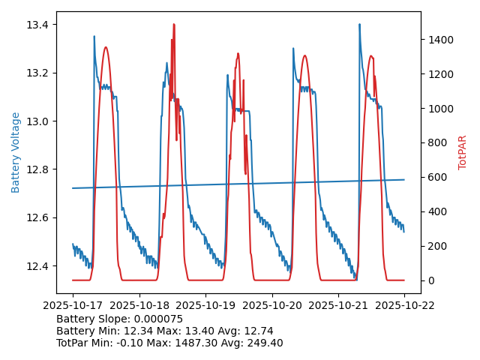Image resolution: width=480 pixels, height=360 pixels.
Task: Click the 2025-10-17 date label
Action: click(73, 305)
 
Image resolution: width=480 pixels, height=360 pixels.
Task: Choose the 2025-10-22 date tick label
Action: click(404, 305)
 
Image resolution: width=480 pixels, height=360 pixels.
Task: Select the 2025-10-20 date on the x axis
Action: click(271, 305)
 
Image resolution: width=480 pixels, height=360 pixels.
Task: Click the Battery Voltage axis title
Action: click(16, 152)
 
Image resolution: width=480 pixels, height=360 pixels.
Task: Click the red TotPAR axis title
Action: click(463, 152)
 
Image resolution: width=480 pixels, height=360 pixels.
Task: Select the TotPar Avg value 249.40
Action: click(265, 343)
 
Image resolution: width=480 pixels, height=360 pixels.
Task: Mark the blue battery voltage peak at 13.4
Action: click(359, 24)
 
